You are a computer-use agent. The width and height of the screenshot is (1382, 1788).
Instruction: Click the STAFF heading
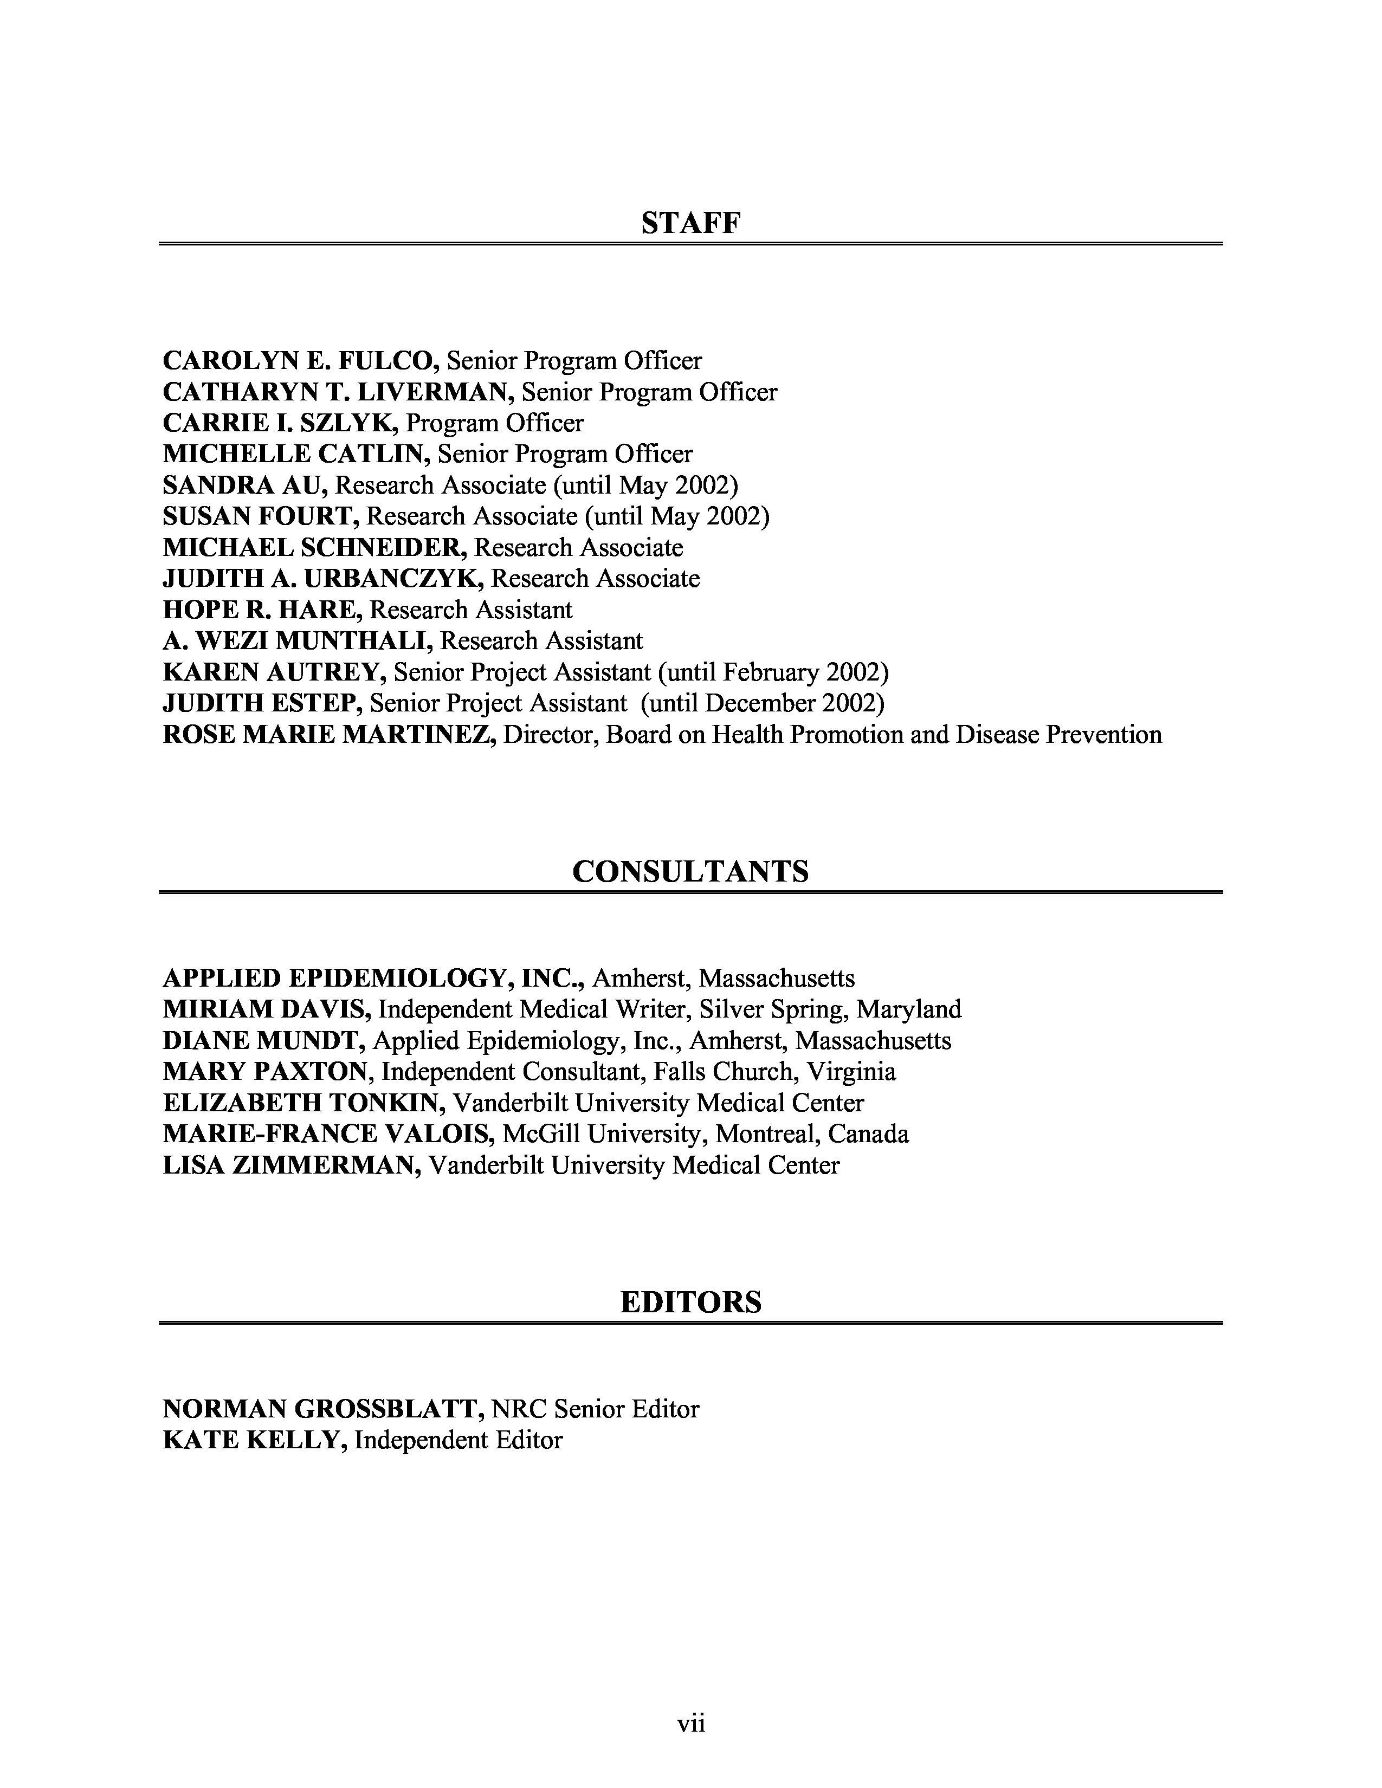pyautogui.click(x=690, y=223)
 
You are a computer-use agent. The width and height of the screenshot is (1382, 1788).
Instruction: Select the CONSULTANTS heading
pyautogui.click(x=690, y=871)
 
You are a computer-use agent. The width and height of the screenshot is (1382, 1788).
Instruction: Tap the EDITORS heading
pyautogui.click(x=690, y=1301)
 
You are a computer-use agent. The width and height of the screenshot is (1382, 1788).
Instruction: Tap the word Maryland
pyautogui.click(x=909, y=1009)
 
